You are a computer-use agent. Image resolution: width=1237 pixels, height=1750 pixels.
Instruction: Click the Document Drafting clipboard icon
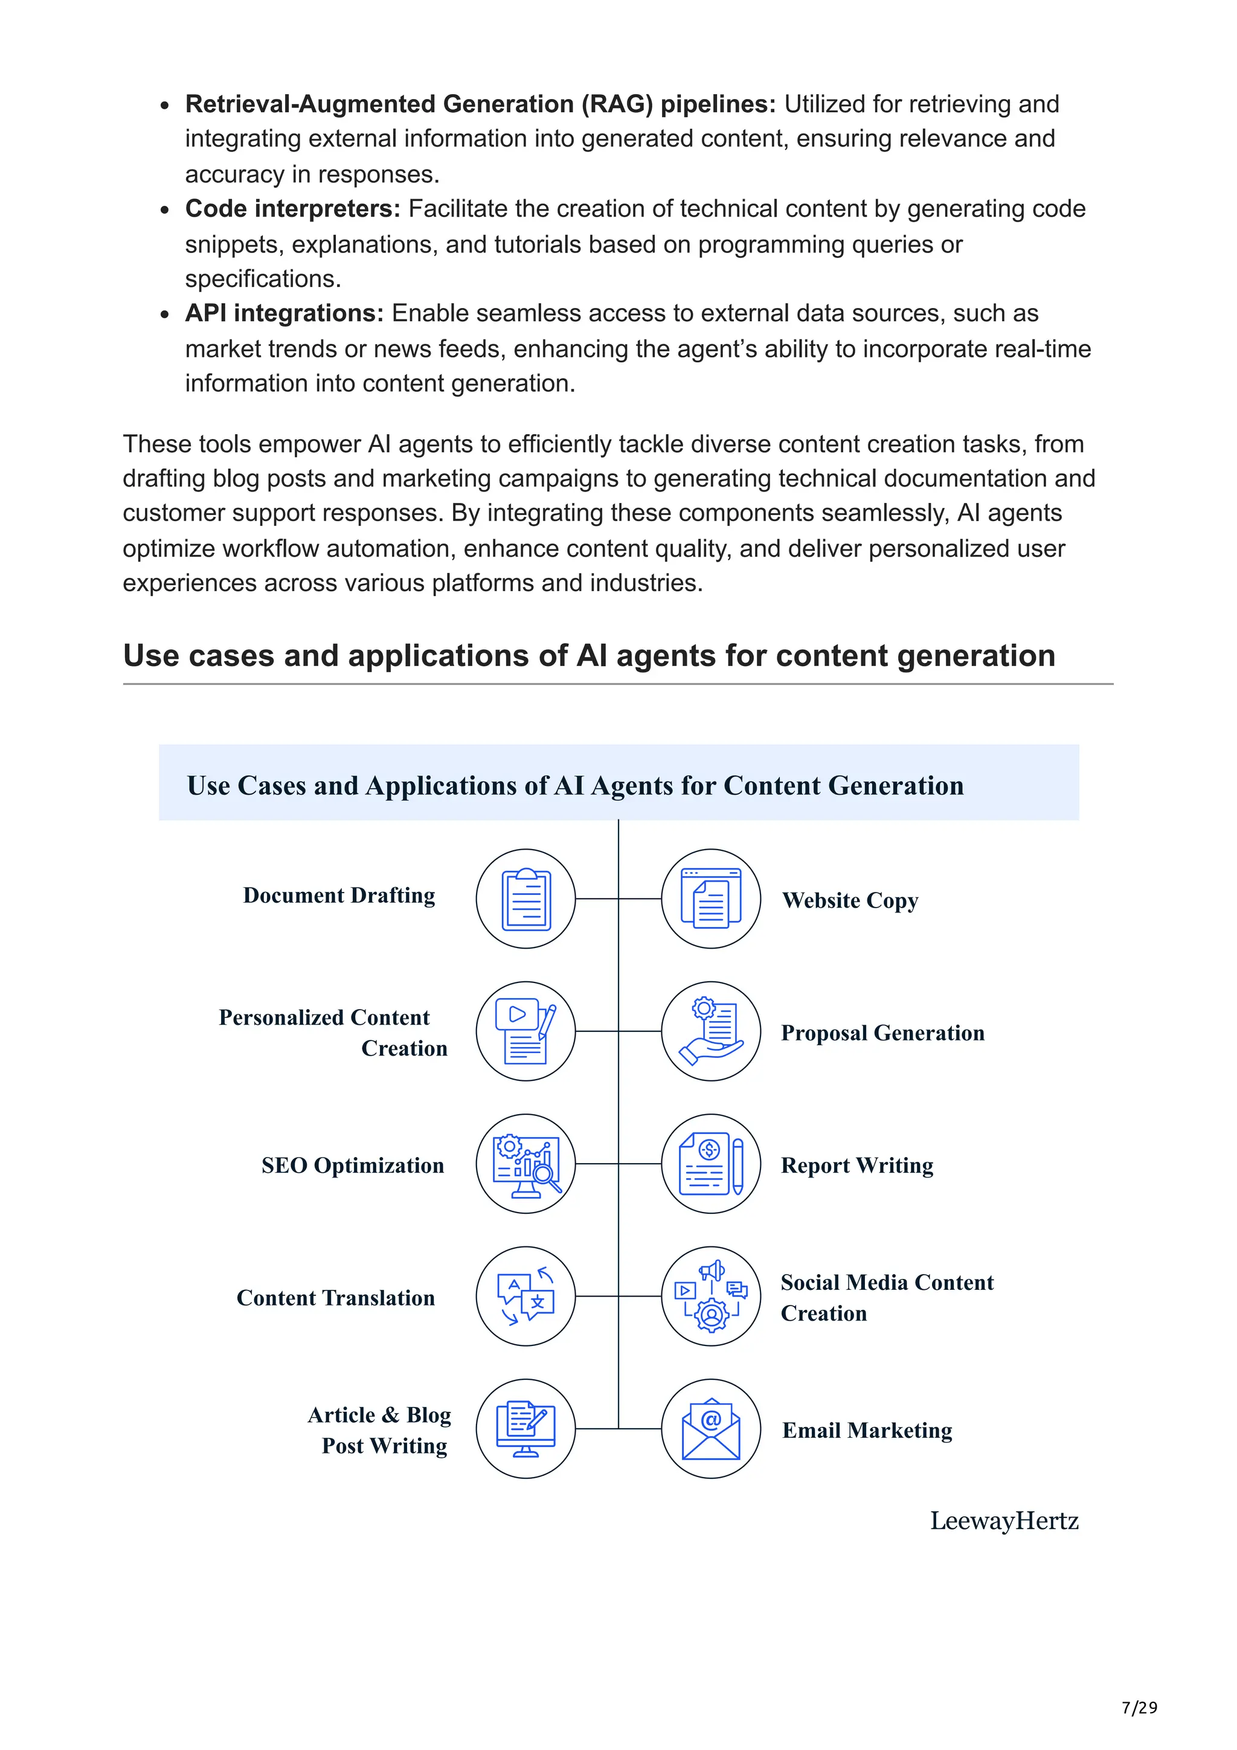(x=526, y=899)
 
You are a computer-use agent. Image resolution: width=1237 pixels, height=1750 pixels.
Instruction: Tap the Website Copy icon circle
(x=710, y=899)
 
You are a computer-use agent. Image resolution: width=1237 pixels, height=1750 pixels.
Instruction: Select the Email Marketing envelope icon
(x=710, y=1429)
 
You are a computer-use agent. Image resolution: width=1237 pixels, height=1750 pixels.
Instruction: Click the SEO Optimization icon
(x=526, y=1164)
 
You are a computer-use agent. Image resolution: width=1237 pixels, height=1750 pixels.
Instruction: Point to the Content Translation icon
(x=526, y=1296)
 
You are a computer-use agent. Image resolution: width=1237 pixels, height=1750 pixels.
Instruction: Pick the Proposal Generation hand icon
(x=710, y=1031)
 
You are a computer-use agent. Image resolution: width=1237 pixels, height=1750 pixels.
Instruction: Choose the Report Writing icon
(x=710, y=1164)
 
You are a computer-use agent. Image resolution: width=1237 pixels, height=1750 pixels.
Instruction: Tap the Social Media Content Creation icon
(x=710, y=1296)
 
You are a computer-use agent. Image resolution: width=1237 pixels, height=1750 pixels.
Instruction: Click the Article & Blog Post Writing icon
(x=526, y=1429)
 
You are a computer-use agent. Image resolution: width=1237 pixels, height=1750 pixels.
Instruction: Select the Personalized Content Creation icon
(x=526, y=1031)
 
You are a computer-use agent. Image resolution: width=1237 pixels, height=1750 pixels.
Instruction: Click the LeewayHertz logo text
(x=1004, y=1521)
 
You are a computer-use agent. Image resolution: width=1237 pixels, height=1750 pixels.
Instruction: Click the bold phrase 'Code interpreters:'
(x=293, y=209)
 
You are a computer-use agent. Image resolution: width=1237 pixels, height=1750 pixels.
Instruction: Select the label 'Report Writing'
(x=856, y=1165)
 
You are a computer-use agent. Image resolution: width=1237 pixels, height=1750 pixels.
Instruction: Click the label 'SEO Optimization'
(x=352, y=1165)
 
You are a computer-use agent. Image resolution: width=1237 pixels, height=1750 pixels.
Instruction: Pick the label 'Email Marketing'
(x=867, y=1431)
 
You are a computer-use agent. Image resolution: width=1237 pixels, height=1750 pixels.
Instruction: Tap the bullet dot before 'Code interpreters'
(x=165, y=210)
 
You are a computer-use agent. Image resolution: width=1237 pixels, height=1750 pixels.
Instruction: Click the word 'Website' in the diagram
(x=821, y=900)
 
